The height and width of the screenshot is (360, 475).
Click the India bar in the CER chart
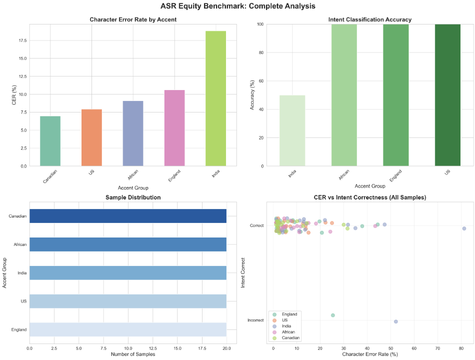click(215, 98)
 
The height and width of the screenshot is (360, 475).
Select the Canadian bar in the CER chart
click(50, 141)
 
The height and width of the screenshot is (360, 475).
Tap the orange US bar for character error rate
click(91, 137)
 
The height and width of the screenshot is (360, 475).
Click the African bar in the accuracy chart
click(344, 95)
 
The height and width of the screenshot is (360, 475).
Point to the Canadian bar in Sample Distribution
click(128, 216)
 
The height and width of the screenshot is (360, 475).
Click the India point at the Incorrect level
click(395, 321)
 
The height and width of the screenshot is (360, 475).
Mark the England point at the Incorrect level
click(333, 315)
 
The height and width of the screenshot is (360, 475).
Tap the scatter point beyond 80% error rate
click(464, 228)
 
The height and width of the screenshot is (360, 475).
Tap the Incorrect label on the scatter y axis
click(255, 320)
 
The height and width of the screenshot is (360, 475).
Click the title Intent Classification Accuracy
click(370, 19)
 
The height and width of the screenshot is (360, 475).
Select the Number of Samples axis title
click(128, 354)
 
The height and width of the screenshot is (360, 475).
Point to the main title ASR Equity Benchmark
click(237, 6)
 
